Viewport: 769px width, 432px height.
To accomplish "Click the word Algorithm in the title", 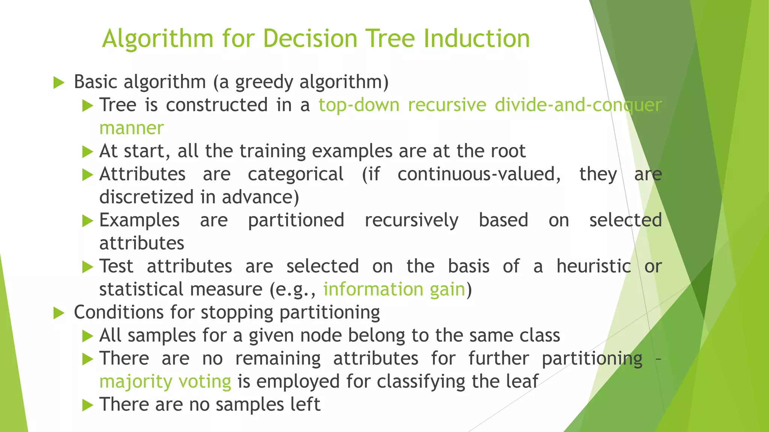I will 158,39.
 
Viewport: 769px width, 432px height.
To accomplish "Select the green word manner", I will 131,128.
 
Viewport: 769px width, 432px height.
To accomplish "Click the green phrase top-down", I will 359,105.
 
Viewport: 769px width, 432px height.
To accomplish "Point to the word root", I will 510,151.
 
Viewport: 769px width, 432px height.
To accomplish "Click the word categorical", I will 296,174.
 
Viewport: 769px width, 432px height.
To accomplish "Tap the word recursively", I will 411,220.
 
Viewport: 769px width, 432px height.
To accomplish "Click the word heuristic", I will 593,267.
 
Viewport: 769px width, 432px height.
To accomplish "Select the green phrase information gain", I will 394,289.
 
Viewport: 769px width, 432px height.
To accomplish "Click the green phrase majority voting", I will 165,382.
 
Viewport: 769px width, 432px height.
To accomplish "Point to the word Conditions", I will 119,312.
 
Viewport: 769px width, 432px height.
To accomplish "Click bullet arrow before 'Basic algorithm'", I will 59,82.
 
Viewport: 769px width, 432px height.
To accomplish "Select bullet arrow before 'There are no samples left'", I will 87,405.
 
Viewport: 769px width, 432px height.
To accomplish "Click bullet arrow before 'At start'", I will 87,152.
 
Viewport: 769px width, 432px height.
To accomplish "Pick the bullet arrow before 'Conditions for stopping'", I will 59,313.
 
